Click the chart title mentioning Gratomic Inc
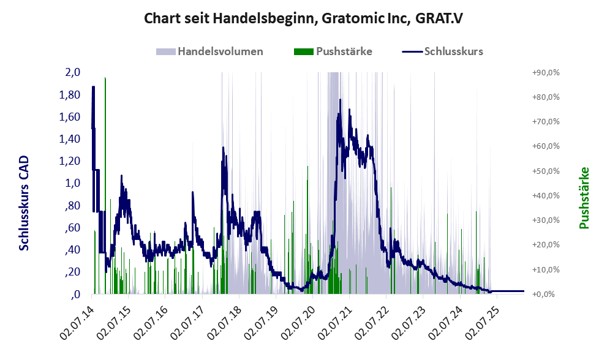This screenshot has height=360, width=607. click(x=303, y=18)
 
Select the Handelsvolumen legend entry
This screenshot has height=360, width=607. click(x=210, y=51)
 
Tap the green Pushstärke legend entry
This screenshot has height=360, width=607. click(x=333, y=51)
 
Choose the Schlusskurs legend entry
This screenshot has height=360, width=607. click(x=442, y=51)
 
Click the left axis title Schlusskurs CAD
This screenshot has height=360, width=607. click(x=24, y=203)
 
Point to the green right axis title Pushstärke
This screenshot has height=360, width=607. click(x=584, y=198)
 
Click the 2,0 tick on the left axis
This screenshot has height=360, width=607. click(x=73, y=72)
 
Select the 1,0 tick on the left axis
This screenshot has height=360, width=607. click(x=73, y=182)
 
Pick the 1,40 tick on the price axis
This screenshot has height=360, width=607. click(x=70, y=138)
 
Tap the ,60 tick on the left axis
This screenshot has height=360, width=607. click(x=73, y=227)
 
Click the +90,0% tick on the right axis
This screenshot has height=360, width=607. click(x=546, y=72)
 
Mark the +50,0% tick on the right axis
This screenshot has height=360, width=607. click(x=546, y=171)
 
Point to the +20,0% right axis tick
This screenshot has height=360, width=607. click(x=546, y=245)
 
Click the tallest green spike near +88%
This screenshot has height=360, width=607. click(x=105, y=186)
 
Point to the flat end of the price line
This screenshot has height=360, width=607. click(x=524, y=291)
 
